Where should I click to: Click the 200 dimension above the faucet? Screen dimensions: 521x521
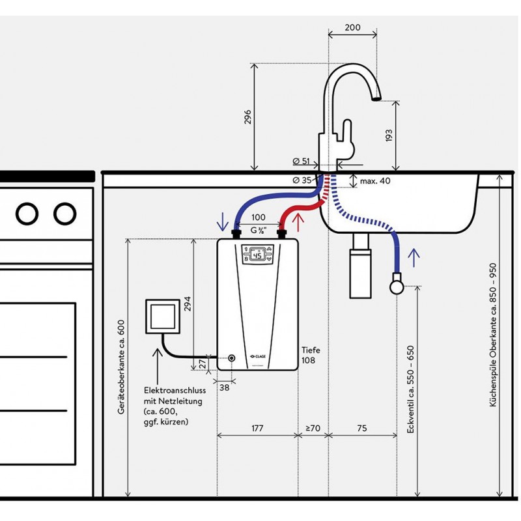coord(352,27)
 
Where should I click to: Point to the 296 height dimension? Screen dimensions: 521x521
coord(247,117)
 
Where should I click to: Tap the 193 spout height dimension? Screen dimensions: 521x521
coord(389,135)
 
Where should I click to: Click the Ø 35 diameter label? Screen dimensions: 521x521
coord(302,180)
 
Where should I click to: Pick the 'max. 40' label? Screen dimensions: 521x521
coord(374,181)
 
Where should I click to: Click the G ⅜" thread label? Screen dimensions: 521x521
coord(259,230)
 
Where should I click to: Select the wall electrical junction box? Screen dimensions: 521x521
coord(162,317)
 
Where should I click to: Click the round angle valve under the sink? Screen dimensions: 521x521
coord(396,285)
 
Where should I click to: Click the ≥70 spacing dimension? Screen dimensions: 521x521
coord(313,428)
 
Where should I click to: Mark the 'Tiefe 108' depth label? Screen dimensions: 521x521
coord(311,354)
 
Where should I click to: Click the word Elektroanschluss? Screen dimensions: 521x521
coord(175,390)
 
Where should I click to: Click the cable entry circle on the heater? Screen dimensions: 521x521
coord(232,358)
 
